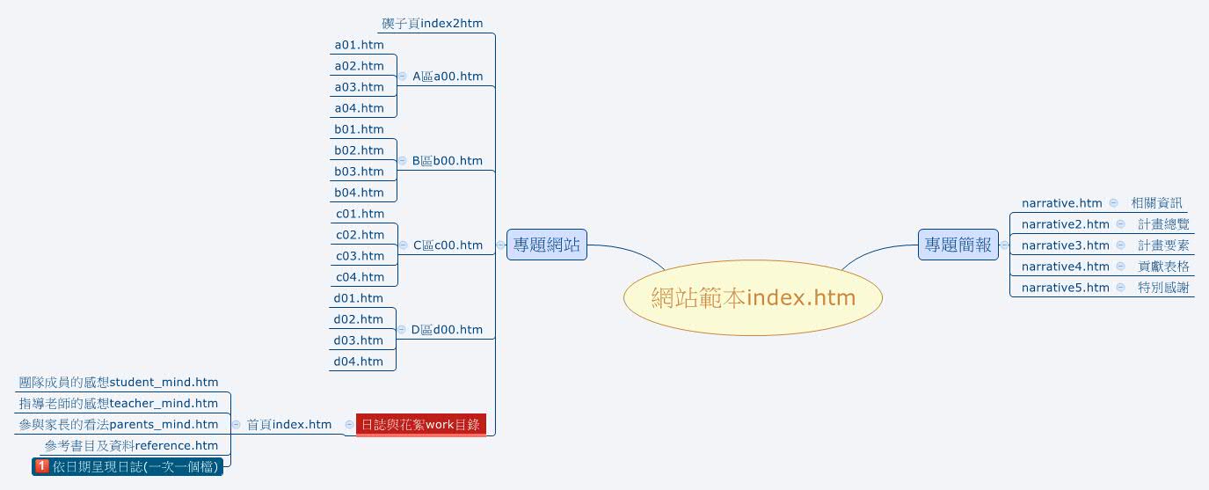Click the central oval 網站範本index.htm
point(753,298)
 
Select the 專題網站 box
point(546,245)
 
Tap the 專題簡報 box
point(958,245)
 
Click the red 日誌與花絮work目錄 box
point(420,424)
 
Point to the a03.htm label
point(359,87)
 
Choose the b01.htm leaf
point(359,129)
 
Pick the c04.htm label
point(360,277)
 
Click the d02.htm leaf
point(359,319)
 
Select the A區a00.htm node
point(448,77)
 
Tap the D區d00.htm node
point(447,330)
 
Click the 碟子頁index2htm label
point(433,23)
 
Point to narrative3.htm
point(1065,245)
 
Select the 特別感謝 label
point(1162,288)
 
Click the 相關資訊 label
point(1156,203)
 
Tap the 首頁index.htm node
point(288,425)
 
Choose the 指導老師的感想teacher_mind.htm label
point(119,404)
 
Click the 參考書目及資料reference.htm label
point(131,446)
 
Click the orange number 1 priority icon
point(41,466)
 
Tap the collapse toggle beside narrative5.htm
point(1120,288)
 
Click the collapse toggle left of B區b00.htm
point(402,161)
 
